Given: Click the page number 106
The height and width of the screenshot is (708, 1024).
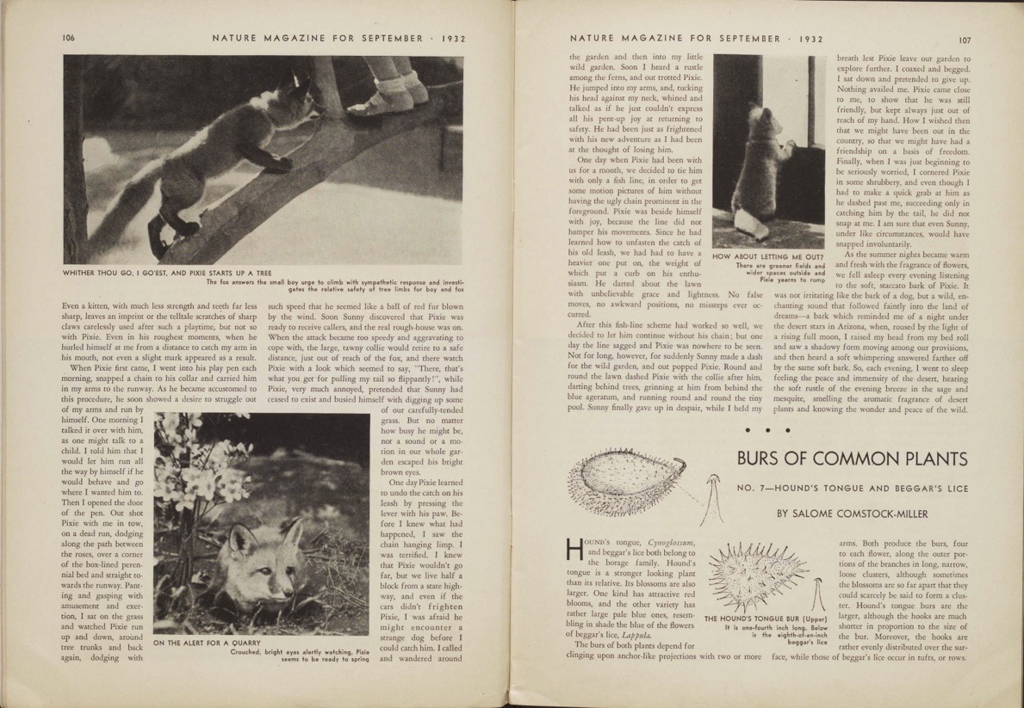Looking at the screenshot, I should pos(70,38).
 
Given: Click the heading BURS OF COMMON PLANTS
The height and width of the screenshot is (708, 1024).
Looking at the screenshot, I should pos(853,457).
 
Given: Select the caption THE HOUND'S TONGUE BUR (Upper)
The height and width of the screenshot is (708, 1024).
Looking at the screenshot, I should pos(766,619).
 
